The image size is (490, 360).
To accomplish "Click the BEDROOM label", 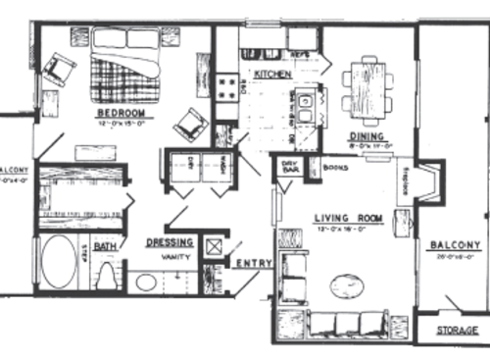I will [x=121, y=113].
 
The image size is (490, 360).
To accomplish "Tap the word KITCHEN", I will [x=269, y=75].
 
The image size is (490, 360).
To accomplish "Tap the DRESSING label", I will [x=169, y=242].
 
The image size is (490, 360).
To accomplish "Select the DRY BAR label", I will [x=290, y=166].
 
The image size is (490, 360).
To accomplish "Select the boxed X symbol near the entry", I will [x=214, y=244].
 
